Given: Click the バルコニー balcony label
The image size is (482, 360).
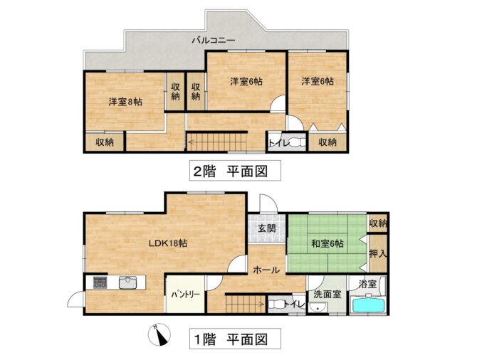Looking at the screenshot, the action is [214, 41].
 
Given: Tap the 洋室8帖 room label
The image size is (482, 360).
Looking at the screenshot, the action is [125, 102].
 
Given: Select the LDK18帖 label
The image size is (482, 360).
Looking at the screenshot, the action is [168, 243].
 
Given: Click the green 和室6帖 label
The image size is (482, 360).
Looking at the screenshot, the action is [327, 243].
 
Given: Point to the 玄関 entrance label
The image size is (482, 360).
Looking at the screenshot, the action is [266, 228].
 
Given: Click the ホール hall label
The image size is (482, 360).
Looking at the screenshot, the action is [266, 270].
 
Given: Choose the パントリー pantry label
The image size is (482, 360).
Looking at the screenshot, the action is [185, 295].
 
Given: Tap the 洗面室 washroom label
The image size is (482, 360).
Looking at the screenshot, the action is [327, 295].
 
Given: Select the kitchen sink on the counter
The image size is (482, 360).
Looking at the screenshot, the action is [127, 283].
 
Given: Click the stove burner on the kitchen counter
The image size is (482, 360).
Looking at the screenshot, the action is [100, 282].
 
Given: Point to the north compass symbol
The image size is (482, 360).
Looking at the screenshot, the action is [159, 335].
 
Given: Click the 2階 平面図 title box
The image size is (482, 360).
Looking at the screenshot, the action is [235, 171].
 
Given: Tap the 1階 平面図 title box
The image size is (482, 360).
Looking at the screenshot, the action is [235, 339].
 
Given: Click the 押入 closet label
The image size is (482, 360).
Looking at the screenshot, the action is [378, 254].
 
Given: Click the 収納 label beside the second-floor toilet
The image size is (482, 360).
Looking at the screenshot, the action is [327, 142].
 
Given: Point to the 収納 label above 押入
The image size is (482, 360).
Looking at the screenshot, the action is [378, 223].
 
